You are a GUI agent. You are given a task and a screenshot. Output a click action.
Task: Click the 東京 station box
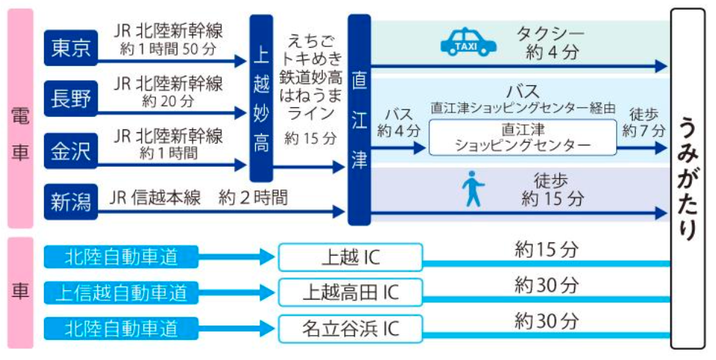click(x=71, y=47)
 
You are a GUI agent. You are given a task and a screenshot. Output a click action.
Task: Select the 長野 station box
click(x=71, y=98)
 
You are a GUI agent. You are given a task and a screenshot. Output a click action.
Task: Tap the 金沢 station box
click(x=71, y=150)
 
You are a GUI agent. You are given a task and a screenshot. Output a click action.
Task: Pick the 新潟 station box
click(x=71, y=200)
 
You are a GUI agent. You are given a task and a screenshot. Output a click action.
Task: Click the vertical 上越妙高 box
click(x=262, y=100)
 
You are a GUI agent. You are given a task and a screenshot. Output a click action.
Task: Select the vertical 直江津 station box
click(x=359, y=120)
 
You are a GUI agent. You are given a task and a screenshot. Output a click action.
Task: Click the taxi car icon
click(x=468, y=42)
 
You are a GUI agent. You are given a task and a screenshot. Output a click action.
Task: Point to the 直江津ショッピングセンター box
click(x=523, y=137)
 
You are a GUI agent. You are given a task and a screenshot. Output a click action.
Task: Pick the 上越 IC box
click(x=351, y=258)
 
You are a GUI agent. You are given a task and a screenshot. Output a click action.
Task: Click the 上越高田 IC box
click(x=351, y=292)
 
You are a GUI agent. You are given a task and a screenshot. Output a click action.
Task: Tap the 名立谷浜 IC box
click(x=351, y=327)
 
